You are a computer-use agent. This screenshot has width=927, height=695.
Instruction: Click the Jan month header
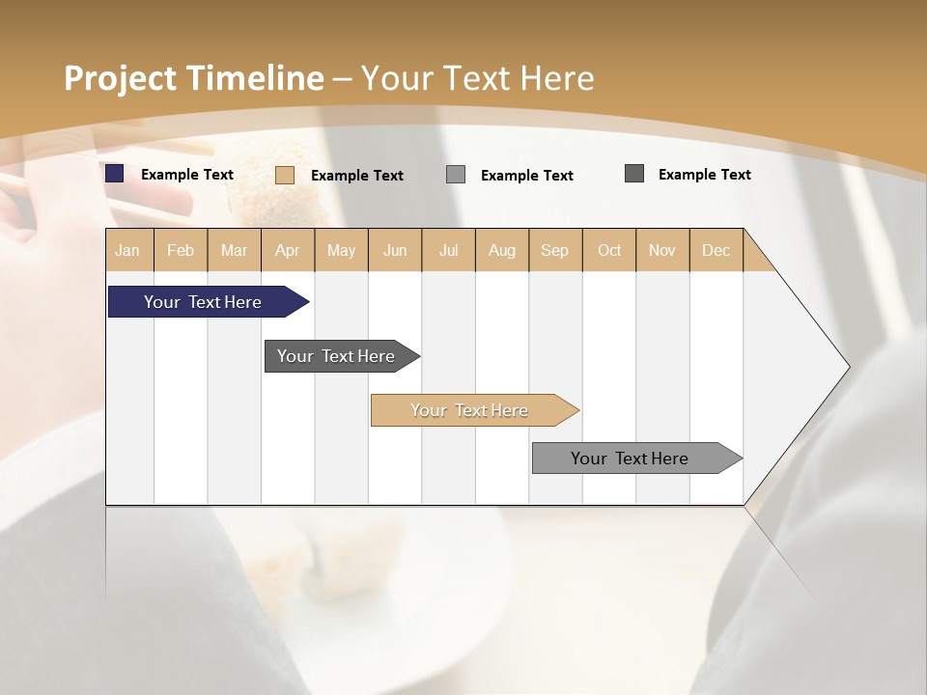point(128,250)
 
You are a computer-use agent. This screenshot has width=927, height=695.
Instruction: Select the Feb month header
point(181,250)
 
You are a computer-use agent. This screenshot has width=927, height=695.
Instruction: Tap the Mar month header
point(234,250)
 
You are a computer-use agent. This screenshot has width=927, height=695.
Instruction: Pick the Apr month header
point(288,250)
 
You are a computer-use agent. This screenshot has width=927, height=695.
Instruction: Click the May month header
point(341,250)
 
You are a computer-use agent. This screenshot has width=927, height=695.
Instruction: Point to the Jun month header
point(395,250)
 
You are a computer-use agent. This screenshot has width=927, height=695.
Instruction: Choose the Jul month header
point(448,250)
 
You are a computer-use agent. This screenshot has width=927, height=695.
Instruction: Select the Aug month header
point(502,250)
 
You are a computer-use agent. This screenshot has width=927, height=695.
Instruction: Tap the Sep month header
point(555,250)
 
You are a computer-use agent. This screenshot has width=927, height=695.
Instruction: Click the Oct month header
point(609,250)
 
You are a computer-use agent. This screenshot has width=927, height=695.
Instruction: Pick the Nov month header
point(662,250)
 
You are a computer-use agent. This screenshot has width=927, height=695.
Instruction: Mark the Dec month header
point(716,250)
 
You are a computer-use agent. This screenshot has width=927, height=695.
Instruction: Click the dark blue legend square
point(115,174)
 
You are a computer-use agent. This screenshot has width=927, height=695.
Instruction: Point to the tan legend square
point(285,175)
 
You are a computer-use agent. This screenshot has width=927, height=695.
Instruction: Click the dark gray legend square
point(634,174)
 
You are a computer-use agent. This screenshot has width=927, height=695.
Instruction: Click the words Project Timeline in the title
point(193,78)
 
